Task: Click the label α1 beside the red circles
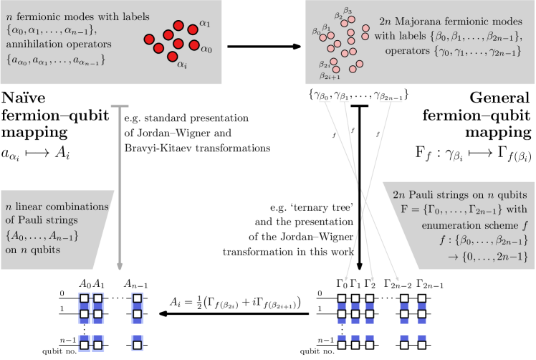tap(204, 24)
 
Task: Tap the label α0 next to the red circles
tap(206, 49)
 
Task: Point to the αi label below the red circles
tap(182, 65)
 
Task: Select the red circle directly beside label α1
tap(193, 29)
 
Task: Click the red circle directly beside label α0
tap(193, 45)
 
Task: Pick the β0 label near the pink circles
tap(316, 32)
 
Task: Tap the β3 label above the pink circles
tap(348, 11)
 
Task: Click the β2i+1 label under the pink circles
tap(330, 75)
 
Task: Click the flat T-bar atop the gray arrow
tap(120, 107)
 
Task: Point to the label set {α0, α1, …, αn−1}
tap(49, 32)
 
